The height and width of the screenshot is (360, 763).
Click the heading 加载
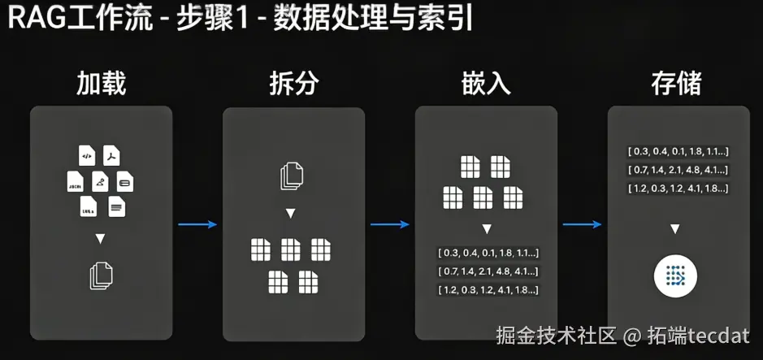click(101, 83)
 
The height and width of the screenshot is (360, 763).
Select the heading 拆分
click(293, 83)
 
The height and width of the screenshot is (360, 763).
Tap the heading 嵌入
click(485, 83)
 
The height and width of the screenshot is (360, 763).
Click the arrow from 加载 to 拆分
click(197, 225)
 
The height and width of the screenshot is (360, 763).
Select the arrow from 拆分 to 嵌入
click(389, 225)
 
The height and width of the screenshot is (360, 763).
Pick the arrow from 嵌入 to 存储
click(582, 225)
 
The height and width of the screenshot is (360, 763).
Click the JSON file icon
click(74, 181)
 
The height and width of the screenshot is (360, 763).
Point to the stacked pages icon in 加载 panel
click(100, 275)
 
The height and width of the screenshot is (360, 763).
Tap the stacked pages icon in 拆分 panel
click(293, 176)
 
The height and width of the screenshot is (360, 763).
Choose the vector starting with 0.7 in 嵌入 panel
click(488, 271)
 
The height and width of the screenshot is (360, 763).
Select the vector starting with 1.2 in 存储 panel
click(677, 189)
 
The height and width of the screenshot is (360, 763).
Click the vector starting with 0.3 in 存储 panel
click(677, 151)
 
